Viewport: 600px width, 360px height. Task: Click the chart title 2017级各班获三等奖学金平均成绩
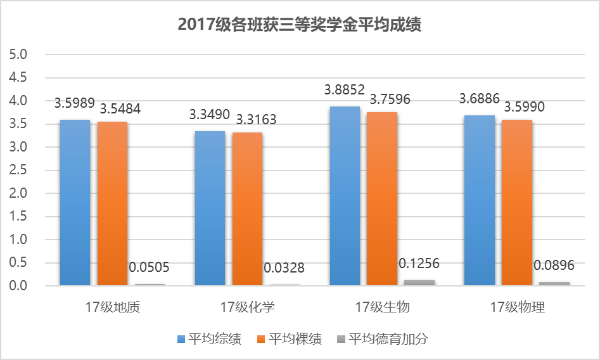click(x=300, y=25)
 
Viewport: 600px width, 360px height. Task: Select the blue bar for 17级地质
click(x=75, y=203)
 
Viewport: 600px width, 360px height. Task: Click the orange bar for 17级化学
click(x=247, y=209)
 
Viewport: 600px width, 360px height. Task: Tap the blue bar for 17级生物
click(x=345, y=196)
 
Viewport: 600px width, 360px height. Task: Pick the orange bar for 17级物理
click(x=517, y=203)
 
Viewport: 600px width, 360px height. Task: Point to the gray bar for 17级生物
click(x=419, y=283)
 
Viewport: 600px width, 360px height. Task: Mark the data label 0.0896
click(x=554, y=264)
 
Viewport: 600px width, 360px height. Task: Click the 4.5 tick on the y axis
click(x=20, y=78)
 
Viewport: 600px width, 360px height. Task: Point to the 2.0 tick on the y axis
click(x=20, y=193)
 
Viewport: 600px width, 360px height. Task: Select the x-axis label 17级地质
click(x=113, y=308)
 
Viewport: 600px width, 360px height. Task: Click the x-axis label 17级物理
click(x=517, y=308)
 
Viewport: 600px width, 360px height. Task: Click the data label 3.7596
click(x=390, y=99)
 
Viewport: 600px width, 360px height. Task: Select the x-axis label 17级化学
click(x=247, y=308)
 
